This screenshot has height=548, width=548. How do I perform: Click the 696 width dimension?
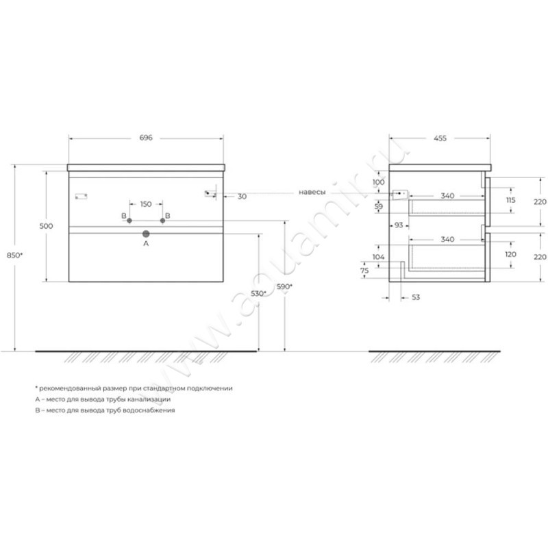click(x=146, y=138)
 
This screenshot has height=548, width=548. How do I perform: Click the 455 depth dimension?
click(x=440, y=138)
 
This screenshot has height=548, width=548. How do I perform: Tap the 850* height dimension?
click(x=14, y=255)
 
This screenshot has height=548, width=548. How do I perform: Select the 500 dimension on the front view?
click(x=46, y=226)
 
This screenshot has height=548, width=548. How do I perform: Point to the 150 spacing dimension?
click(x=146, y=204)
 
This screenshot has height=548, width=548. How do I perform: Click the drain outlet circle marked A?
click(x=146, y=234)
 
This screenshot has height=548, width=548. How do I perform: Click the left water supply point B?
click(x=129, y=221)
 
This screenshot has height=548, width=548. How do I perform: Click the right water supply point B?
click(x=162, y=221)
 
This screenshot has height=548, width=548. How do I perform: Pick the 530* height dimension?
click(x=259, y=294)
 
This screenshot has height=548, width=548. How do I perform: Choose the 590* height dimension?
click(x=284, y=286)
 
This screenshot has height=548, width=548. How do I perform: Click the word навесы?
click(x=312, y=192)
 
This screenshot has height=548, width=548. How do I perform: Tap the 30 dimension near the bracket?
click(x=242, y=197)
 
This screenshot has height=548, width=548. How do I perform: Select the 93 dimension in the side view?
click(x=399, y=225)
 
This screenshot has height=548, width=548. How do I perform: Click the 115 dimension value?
click(x=510, y=200)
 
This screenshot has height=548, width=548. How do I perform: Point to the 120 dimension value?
click(x=510, y=254)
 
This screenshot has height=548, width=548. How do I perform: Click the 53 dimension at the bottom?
click(x=416, y=297)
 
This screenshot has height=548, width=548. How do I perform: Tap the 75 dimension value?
click(x=364, y=271)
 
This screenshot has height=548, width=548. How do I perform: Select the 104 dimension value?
click(x=379, y=257)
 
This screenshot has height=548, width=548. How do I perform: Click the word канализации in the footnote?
click(x=149, y=399)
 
